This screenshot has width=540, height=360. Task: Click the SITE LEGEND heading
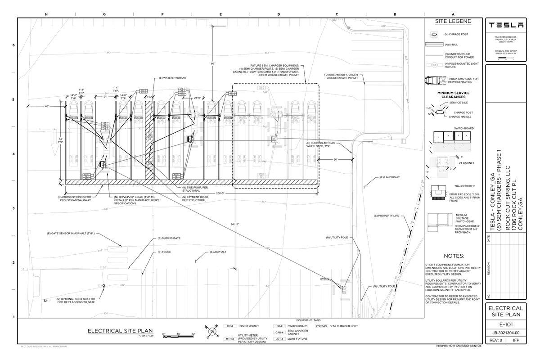453,21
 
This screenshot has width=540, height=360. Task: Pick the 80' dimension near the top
212,64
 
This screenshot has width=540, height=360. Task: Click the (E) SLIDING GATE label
166,238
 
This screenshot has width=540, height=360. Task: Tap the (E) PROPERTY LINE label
387,216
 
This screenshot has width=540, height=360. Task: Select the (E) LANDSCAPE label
390,177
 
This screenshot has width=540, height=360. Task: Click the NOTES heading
453,256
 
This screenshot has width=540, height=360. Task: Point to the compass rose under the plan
210,332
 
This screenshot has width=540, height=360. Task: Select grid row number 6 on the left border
13,45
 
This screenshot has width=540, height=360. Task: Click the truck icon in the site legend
434,81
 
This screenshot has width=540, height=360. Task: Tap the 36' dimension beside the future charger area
335,159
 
